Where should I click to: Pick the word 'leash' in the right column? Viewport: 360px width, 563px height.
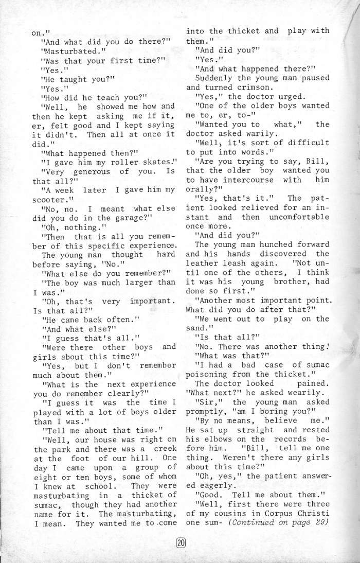(240, 263)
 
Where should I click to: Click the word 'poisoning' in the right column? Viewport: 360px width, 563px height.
(208, 374)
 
